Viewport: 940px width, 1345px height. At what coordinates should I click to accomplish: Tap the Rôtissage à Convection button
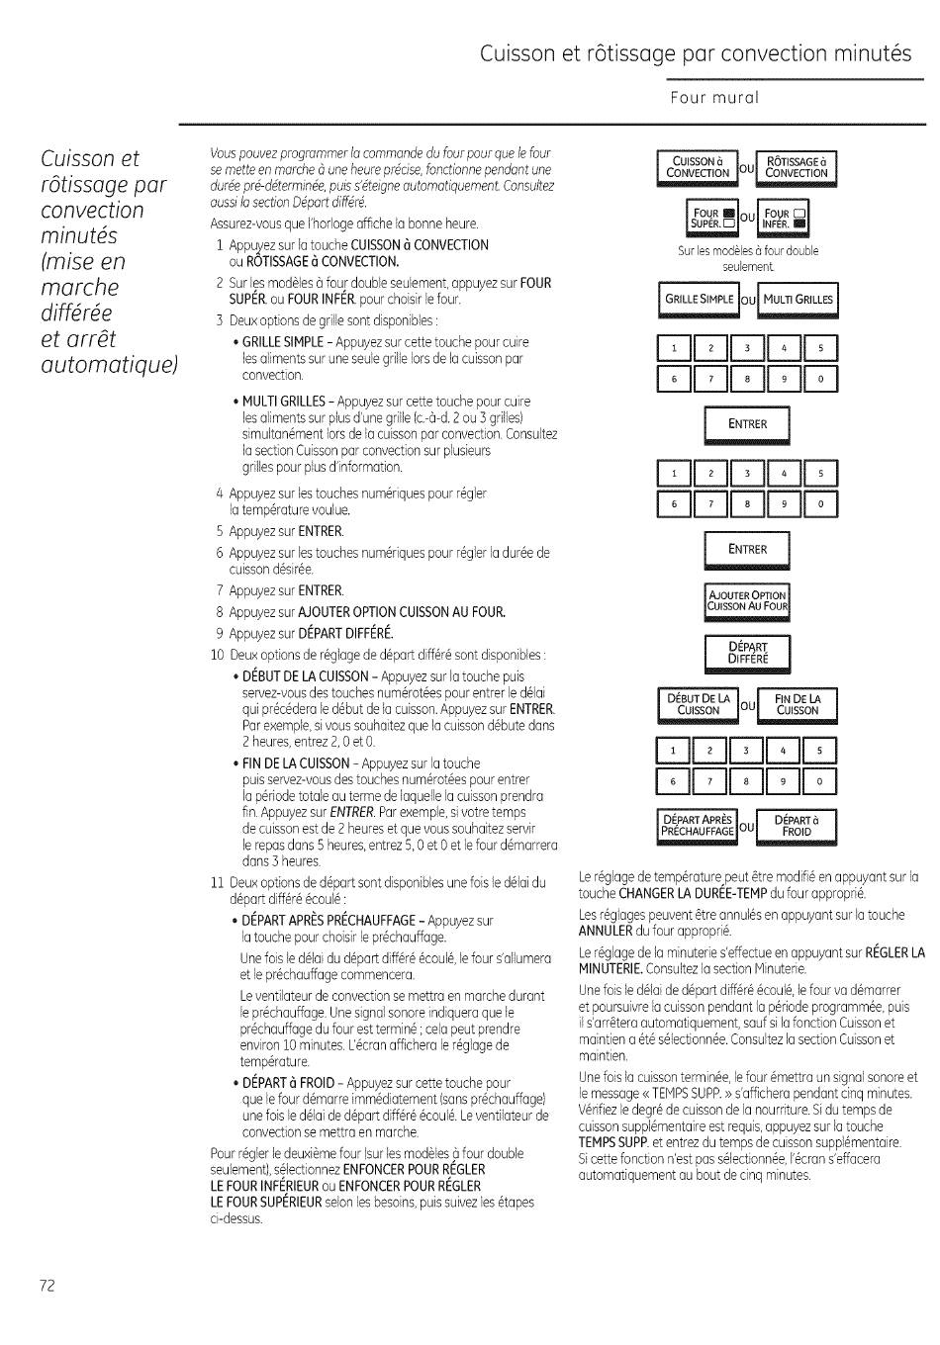(797, 168)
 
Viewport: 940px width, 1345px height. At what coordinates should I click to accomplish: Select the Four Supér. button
(712, 218)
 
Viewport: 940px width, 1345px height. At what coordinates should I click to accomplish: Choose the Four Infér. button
(786, 218)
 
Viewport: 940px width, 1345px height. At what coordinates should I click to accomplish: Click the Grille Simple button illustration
(699, 300)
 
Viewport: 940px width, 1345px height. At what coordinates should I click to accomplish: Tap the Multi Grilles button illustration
(798, 300)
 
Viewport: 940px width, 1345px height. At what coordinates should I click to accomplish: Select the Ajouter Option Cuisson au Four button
(747, 601)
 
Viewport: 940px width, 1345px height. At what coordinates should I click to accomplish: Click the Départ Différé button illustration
(747, 652)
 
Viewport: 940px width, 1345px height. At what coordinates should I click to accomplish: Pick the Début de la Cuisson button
(698, 704)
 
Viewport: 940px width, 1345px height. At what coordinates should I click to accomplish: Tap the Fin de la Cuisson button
(797, 704)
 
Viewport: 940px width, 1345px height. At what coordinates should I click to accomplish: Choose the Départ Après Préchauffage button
(698, 825)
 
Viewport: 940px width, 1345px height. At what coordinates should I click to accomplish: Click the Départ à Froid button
(797, 825)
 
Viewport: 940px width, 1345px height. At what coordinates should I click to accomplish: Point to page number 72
(47, 1285)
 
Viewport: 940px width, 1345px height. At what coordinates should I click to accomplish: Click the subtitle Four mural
(713, 98)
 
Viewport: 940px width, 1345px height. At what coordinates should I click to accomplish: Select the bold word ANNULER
(605, 931)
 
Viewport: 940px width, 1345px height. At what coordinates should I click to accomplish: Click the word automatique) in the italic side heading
(109, 365)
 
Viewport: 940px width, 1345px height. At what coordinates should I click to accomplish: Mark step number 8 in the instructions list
(221, 612)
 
